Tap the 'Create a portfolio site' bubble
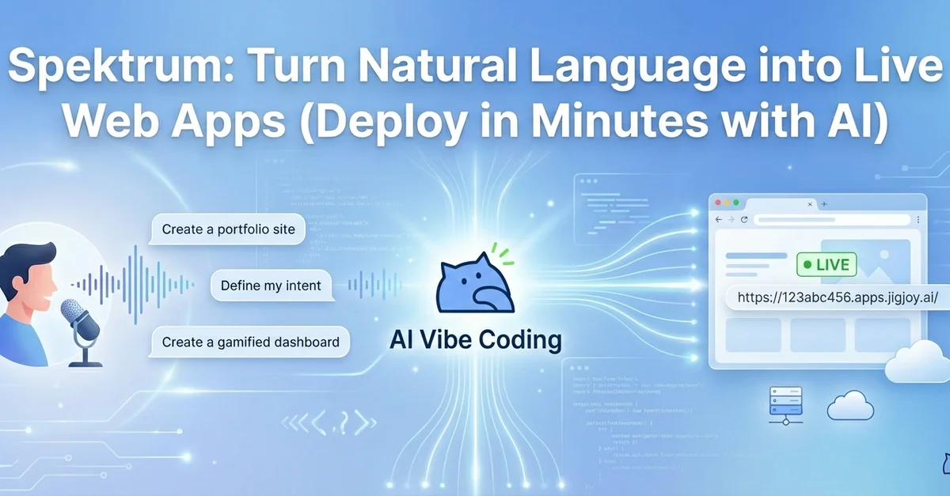pyautogui.click(x=228, y=230)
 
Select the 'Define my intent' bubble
pyautogui.click(x=271, y=286)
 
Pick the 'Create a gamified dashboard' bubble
pyautogui.click(x=250, y=343)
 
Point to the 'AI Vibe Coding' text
pyautogui.click(x=475, y=340)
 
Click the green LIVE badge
pyautogui.click(x=826, y=264)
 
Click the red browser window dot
pyautogui.click(x=716, y=203)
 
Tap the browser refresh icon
pyautogui.click(x=744, y=220)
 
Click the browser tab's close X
pyautogui.click(x=809, y=204)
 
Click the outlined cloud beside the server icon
pyautogui.click(x=850, y=407)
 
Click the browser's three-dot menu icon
pyautogui.click(x=918, y=220)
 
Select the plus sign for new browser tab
pyautogui.click(x=824, y=204)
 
